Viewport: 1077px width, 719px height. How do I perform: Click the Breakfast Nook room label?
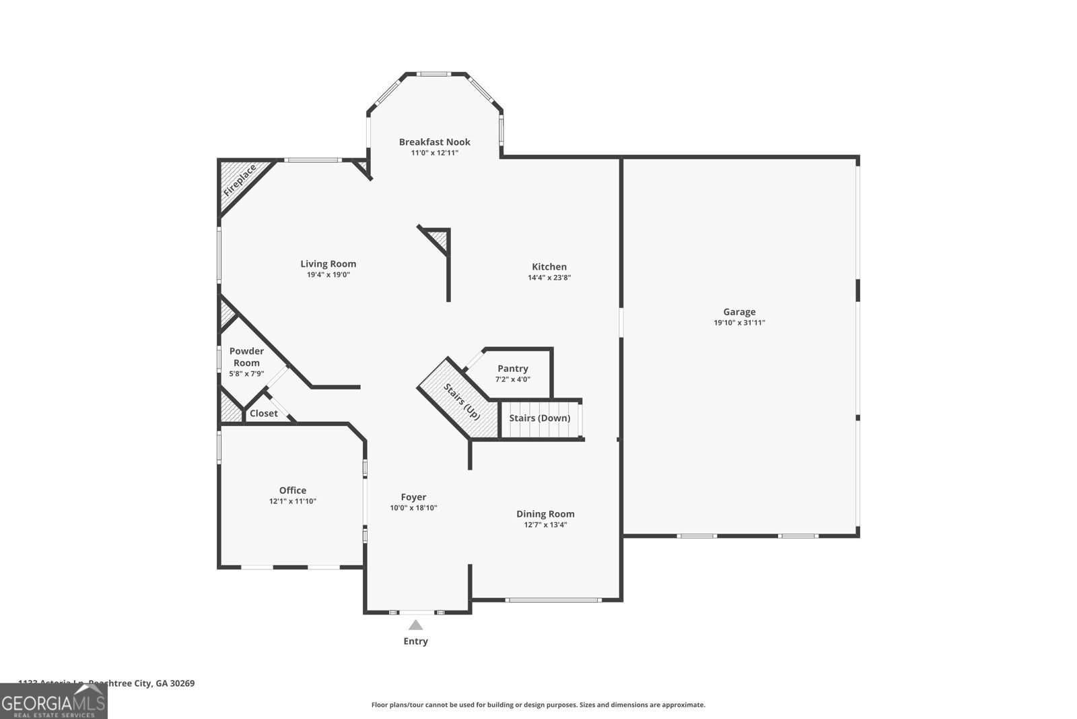coord(434,142)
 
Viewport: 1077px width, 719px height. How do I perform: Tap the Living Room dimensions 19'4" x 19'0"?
coord(328,275)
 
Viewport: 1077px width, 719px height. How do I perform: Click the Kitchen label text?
coord(549,267)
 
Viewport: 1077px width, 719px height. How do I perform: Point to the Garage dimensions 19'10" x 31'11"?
coord(739,323)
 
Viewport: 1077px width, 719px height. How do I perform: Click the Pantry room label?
coord(513,369)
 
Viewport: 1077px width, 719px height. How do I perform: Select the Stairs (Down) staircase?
coord(540,418)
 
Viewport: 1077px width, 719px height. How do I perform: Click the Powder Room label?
coord(246,356)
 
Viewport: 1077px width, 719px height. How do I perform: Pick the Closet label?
coord(263,414)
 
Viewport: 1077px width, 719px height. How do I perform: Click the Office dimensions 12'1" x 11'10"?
coord(293,501)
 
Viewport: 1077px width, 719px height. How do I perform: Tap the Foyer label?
coord(413,497)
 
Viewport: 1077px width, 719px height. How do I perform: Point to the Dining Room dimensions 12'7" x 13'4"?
coord(545,525)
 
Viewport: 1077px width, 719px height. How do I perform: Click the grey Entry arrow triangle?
coord(415,625)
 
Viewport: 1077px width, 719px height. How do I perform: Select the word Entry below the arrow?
coord(415,642)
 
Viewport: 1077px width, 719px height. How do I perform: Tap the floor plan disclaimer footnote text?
coord(538,705)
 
